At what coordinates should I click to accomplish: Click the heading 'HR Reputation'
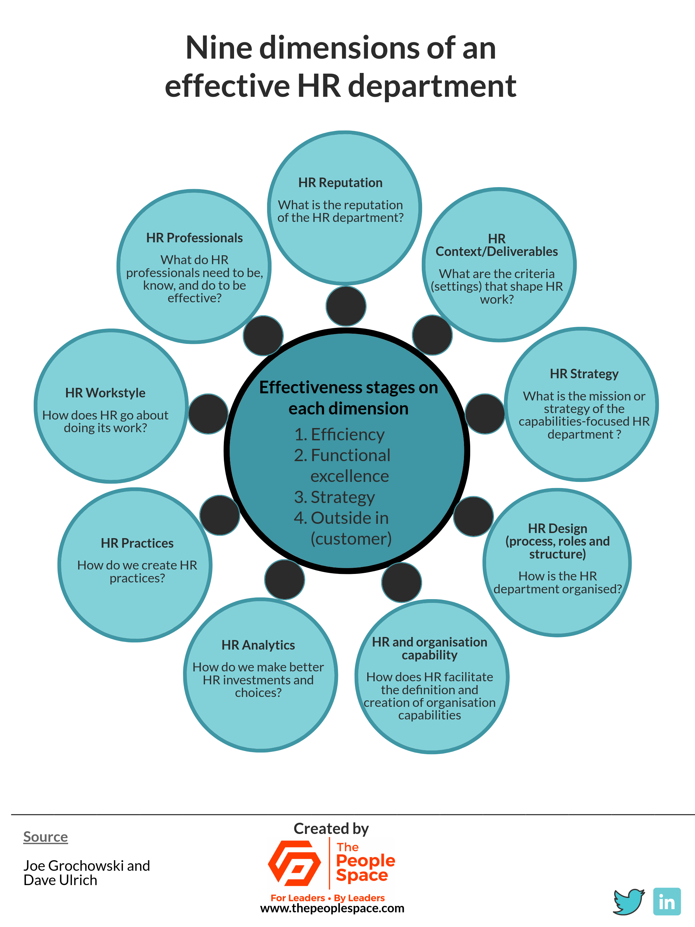pos(340,183)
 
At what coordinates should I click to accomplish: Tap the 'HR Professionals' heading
pos(195,238)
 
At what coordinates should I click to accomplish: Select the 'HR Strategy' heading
pos(584,374)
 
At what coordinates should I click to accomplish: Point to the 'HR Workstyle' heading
pos(105,393)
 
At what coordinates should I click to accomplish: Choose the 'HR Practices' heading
pos(137,543)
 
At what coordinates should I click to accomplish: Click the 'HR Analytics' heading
pos(258,645)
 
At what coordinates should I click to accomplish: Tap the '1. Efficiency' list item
pos(339,435)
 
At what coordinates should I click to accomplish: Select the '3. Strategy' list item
pos(334,497)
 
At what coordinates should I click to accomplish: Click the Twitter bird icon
pos(629,901)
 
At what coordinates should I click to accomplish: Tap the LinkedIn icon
pos(667,901)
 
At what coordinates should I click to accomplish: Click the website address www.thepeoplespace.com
pos(332,908)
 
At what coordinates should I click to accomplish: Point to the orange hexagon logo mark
pos(294,863)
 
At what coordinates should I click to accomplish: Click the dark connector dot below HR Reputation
pos(346,306)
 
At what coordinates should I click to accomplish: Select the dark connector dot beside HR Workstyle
pos(208,414)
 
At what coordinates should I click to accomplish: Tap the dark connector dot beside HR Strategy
pos(485,414)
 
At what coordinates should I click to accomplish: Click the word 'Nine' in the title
pos(219,48)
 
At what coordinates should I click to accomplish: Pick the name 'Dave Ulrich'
pos(60,880)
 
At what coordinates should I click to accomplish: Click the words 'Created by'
pos(331,829)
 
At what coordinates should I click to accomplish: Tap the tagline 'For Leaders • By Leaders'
pos(328,898)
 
